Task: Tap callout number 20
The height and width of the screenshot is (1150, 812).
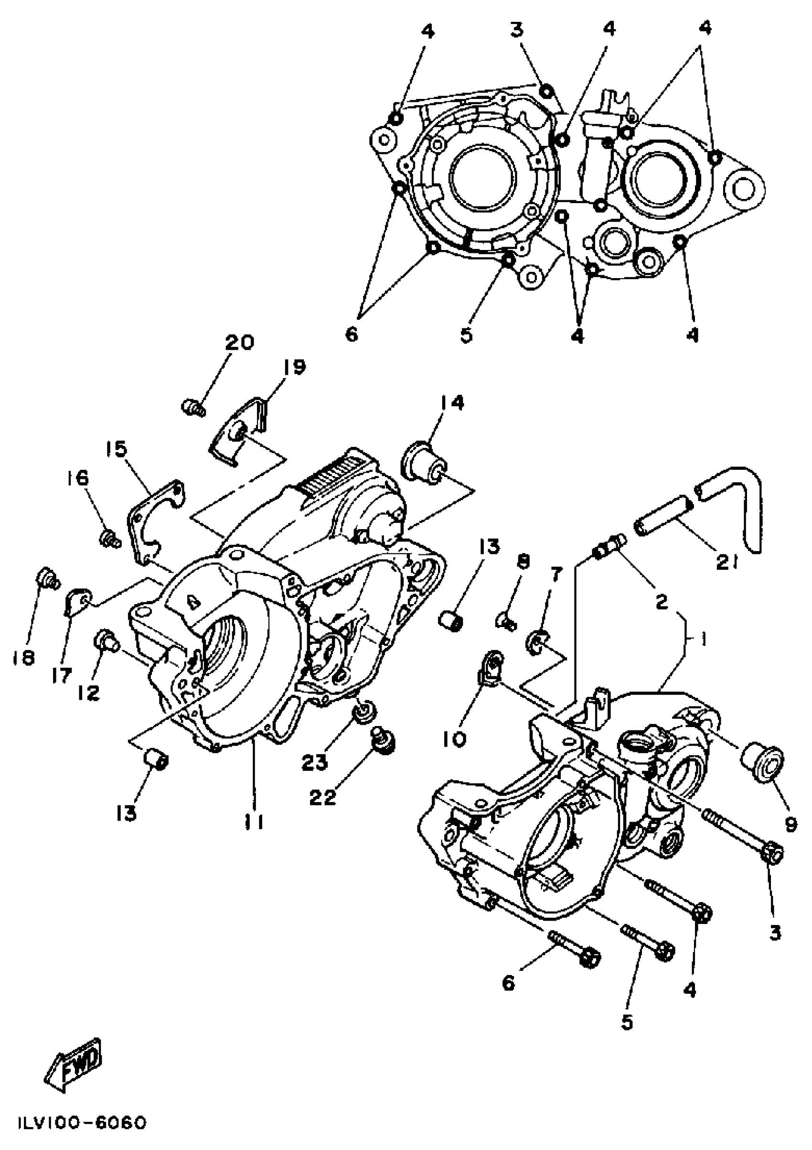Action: tap(239, 343)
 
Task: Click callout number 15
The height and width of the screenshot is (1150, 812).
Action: tap(116, 449)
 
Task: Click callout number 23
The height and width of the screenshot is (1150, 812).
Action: tap(314, 762)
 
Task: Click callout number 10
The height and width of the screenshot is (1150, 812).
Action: tap(454, 739)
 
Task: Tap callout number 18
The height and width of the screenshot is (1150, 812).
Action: tap(23, 657)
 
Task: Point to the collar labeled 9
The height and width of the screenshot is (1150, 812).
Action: tap(762, 762)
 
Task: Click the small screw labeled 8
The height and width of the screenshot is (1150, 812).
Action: tap(506, 622)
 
